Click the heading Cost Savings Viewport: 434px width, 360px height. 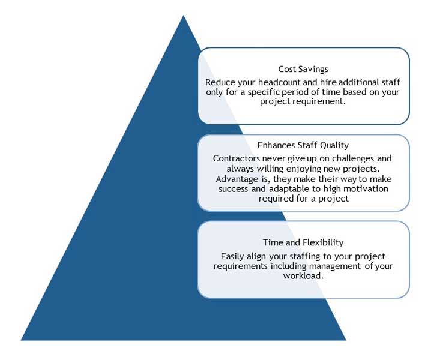(303, 69)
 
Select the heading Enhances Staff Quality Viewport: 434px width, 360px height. (303, 145)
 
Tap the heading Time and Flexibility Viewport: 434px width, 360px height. (303, 242)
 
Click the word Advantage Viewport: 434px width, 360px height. (237, 179)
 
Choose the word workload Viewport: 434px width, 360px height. (303, 275)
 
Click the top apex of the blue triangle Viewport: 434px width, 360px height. (183, 16)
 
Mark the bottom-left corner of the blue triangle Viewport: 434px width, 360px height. (21, 340)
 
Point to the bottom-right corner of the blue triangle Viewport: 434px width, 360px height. (346, 340)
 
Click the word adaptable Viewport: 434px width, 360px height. (289, 189)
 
